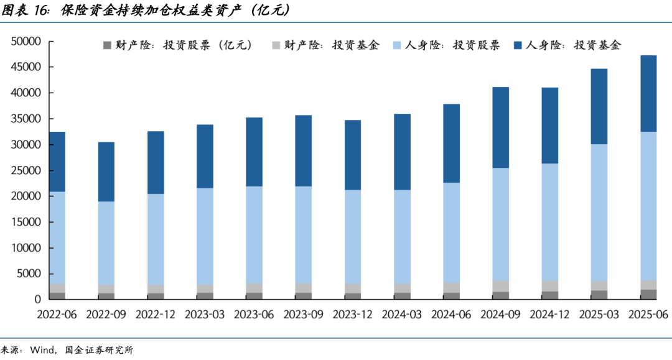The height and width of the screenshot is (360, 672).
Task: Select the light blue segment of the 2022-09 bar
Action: [x=106, y=243]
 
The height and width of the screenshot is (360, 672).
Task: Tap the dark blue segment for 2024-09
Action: [x=500, y=127]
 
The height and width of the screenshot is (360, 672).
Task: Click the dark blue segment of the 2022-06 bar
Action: [x=57, y=162]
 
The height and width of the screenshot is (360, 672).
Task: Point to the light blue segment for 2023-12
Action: [x=353, y=237]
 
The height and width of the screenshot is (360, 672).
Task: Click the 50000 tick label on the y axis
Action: [x=26, y=42]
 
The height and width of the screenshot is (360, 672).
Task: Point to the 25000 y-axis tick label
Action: [x=26, y=170]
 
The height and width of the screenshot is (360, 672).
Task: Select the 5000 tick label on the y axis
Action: [x=29, y=274]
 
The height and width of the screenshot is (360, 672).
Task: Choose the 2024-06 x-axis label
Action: [x=451, y=315]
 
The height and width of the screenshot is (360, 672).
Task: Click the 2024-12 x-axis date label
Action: [x=549, y=315]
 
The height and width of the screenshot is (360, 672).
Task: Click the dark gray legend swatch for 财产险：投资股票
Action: [x=107, y=45]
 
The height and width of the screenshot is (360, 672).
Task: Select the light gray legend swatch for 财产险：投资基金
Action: [x=276, y=45]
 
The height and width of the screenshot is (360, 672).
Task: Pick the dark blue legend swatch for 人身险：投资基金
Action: [x=518, y=45]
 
